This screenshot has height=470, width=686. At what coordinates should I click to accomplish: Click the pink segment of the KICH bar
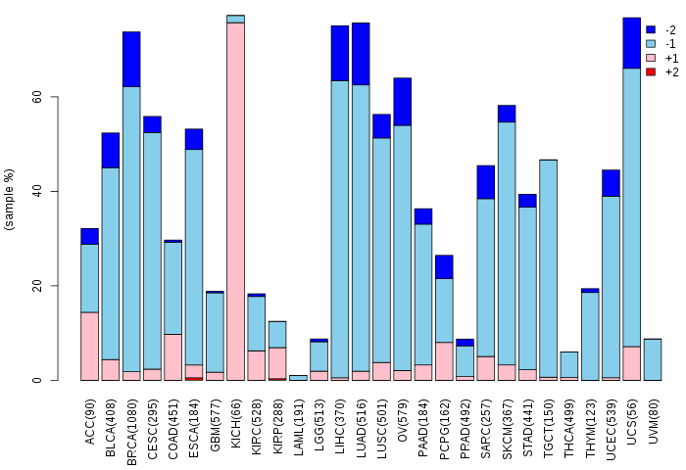[x=235, y=202]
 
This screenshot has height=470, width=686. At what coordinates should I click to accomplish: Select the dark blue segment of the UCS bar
[x=631, y=43]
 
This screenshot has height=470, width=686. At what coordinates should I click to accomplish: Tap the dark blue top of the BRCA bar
[x=131, y=60]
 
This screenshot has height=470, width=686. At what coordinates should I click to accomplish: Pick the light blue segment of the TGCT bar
[x=548, y=268]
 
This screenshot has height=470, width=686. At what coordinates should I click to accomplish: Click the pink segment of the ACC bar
[x=90, y=347]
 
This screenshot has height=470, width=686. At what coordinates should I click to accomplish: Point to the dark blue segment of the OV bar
[x=403, y=102]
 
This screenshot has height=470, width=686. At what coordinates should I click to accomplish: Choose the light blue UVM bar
[x=653, y=359]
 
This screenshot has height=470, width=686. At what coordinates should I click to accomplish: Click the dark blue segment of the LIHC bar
[x=340, y=53]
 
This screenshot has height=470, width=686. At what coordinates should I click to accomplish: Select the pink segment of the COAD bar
[x=172, y=357]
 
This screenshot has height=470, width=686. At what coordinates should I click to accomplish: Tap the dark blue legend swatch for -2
[x=651, y=29]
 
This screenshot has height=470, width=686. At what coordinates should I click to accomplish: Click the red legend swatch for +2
[x=651, y=71]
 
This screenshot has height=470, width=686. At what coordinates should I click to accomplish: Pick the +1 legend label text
[x=671, y=58]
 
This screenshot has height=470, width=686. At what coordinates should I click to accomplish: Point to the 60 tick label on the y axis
[x=37, y=97]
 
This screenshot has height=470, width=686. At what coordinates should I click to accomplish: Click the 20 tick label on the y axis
[x=37, y=286]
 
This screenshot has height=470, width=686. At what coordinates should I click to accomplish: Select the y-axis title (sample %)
[x=9, y=200]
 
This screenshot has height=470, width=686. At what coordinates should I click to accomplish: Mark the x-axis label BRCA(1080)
[x=131, y=432]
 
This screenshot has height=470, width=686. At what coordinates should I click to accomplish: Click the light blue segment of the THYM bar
[x=590, y=336]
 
